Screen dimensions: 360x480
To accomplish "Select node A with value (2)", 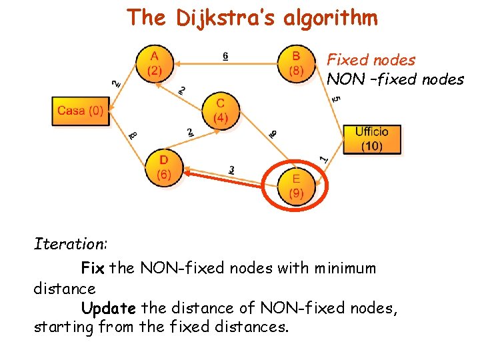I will coord(155,64).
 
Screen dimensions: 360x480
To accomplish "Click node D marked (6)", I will coord(164,167).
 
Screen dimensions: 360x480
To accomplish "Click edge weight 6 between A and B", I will coord(225,56).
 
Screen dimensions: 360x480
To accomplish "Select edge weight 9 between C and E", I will coord(273,134).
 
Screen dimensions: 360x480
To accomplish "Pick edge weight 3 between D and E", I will coord(231,170).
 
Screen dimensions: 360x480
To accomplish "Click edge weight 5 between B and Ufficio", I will coord(337,98).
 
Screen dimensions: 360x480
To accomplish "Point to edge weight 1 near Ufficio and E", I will coord(324,159).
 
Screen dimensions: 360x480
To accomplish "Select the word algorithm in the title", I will coord(331,18).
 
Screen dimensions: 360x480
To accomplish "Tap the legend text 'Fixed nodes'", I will coord(371,60).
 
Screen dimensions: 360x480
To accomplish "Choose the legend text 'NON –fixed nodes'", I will coord(395,79).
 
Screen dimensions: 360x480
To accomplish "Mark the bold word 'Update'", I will coord(109,308).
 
